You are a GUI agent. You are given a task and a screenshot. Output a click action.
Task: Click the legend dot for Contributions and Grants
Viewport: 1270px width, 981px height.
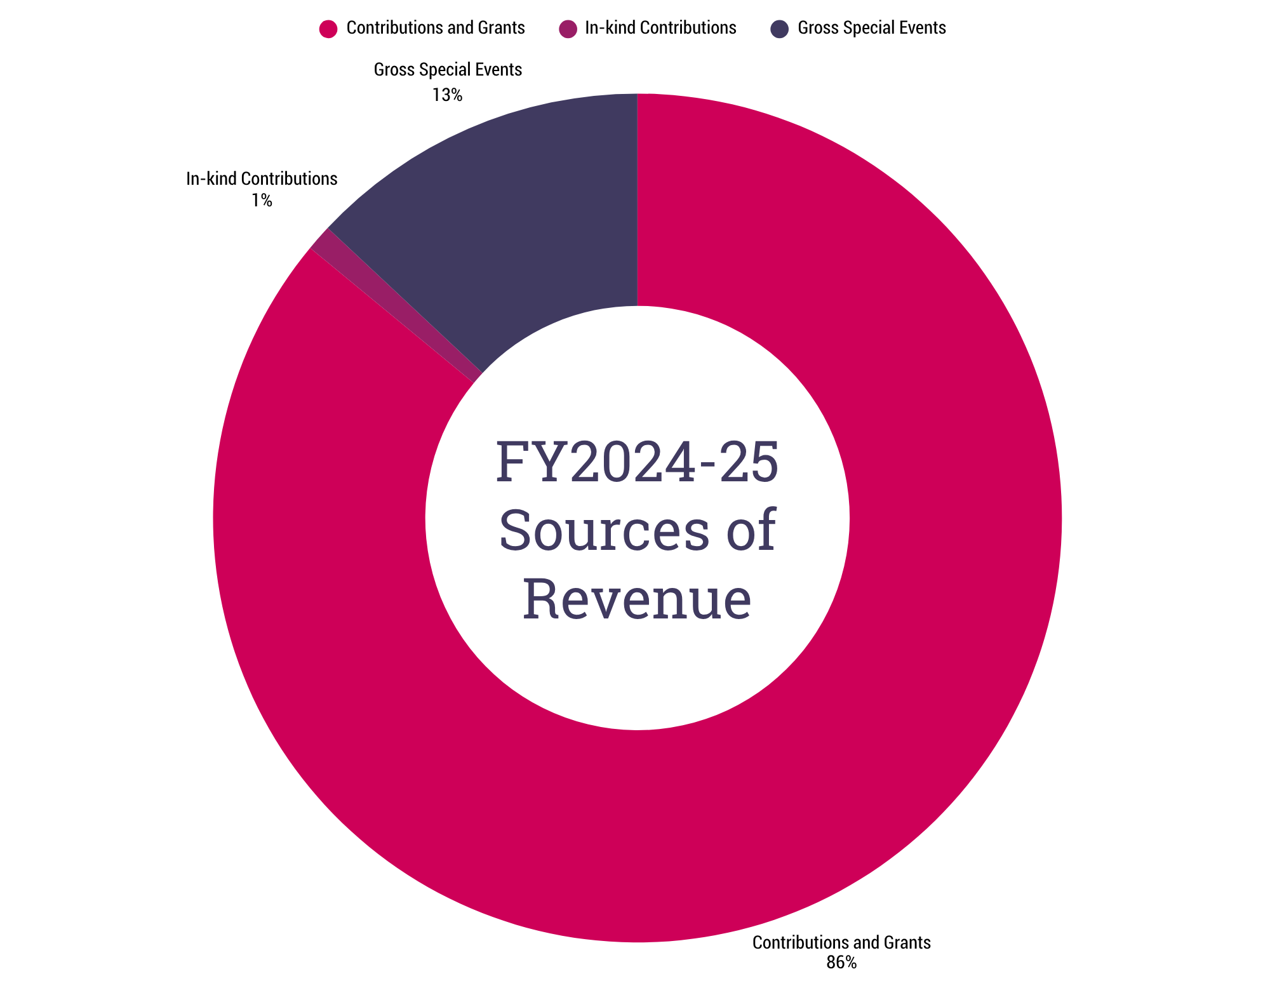point(328,29)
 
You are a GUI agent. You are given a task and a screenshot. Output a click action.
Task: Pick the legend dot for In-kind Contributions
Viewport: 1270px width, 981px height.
point(568,29)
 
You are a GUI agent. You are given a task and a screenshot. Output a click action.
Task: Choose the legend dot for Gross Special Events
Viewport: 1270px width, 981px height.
point(780,29)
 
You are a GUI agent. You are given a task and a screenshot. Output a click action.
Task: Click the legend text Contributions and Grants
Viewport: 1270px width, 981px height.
point(436,28)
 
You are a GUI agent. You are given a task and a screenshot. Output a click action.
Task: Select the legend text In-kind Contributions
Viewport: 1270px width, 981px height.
point(660,28)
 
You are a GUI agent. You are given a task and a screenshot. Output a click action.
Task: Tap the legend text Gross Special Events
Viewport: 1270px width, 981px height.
point(871,28)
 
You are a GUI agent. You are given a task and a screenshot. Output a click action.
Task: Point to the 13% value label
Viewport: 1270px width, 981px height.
point(447,95)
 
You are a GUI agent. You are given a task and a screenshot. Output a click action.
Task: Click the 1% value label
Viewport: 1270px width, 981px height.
point(262,201)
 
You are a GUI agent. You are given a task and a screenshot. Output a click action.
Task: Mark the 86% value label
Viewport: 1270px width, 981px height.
point(841,963)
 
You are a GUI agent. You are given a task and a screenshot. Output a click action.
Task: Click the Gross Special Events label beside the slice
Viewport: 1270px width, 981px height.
point(448,70)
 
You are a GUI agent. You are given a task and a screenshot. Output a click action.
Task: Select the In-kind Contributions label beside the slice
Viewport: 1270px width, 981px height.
point(262,179)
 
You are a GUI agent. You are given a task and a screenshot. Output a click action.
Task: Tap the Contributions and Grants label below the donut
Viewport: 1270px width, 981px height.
point(841,942)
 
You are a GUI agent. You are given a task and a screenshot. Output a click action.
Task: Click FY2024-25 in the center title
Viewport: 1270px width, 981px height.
point(637,462)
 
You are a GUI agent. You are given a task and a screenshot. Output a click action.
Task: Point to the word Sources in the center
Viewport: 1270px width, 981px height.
point(604,530)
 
